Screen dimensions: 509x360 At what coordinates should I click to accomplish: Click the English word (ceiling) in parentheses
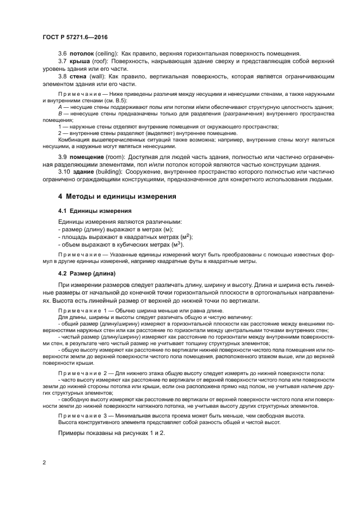(108, 53)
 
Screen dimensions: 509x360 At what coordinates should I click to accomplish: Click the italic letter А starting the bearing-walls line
(60, 107)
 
